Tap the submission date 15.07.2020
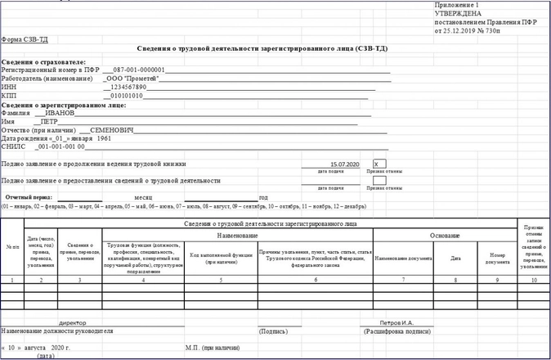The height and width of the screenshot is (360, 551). point(344,164)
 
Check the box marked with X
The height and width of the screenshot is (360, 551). point(379,164)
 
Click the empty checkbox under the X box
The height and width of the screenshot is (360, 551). point(379,180)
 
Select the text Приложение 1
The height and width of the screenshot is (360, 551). point(455,6)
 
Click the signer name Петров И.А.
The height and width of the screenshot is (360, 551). point(397,323)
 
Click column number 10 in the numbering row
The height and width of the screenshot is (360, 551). point(534,280)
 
